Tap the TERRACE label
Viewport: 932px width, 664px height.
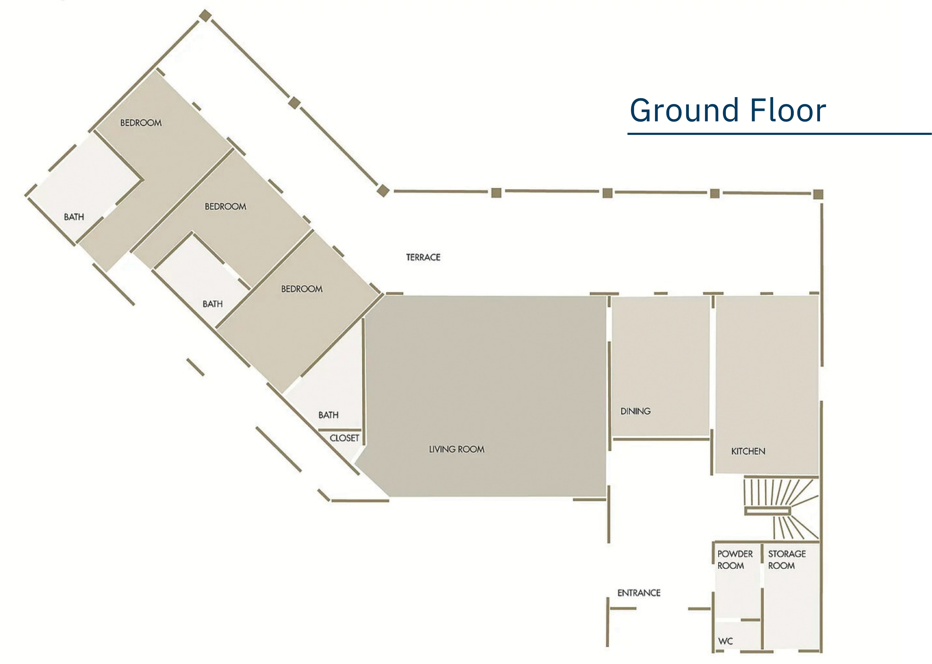click(423, 257)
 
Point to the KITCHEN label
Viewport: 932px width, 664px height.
click(748, 451)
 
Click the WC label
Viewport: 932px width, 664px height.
click(725, 641)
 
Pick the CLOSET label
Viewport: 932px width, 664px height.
click(344, 438)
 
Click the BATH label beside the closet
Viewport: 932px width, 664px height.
click(328, 415)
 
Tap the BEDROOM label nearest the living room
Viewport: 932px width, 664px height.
click(302, 289)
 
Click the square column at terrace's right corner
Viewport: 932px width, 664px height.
click(818, 194)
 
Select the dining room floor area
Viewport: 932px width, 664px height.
click(660, 366)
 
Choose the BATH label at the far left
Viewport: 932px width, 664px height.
click(74, 217)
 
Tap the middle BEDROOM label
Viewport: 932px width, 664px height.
click(225, 206)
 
